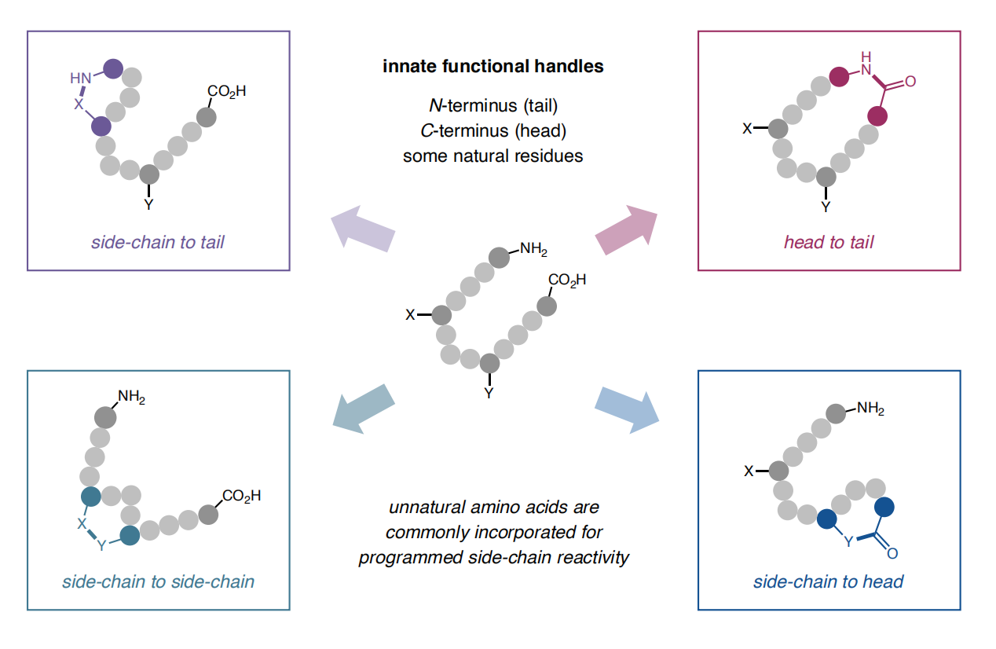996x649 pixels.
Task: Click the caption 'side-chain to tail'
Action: pyautogui.click(x=157, y=242)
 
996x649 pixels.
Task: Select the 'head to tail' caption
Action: pyautogui.click(x=828, y=242)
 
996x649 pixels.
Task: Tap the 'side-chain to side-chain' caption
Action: pyautogui.click(x=158, y=582)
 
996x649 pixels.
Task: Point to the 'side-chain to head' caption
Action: pyautogui.click(x=828, y=582)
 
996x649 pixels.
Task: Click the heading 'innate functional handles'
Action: pyautogui.click(x=493, y=66)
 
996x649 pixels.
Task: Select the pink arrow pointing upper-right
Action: pyautogui.click(x=627, y=229)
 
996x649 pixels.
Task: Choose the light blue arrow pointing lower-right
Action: pyautogui.click(x=627, y=408)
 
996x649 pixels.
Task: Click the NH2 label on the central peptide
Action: pyautogui.click(x=533, y=251)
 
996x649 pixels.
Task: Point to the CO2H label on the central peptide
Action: pyautogui.click(x=567, y=280)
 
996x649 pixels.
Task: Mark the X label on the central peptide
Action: pyautogui.click(x=410, y=315)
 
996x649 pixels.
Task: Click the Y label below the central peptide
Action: pyautogui.click(x=489, y=393)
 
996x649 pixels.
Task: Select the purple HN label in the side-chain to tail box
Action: pyautogui.click(x=81, y=78)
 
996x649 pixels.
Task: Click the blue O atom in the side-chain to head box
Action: pyautogui.click(x=892, y=554)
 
